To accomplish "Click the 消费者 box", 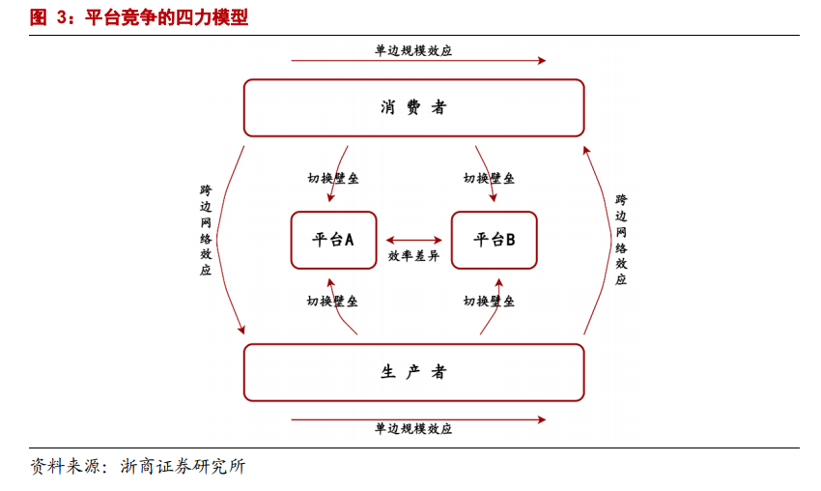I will (x=413, y=107).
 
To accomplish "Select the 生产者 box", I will (x=413, y=372).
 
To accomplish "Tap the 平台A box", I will (x=333, y=240).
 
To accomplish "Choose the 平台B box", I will (x=494, y=240).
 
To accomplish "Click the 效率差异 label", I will (x=413, y=257).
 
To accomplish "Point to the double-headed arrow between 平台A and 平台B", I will (x=413, y=240).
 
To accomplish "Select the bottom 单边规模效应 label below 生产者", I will (x=413, y=429).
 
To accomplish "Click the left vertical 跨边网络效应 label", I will (x=206, y=230).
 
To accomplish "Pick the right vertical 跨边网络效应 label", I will (x=621, y=240).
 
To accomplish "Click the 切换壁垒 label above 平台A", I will (x=333, y=179).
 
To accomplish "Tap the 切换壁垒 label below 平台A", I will (x=333, y=302).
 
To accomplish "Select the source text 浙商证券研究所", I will (x=183, y=467).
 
